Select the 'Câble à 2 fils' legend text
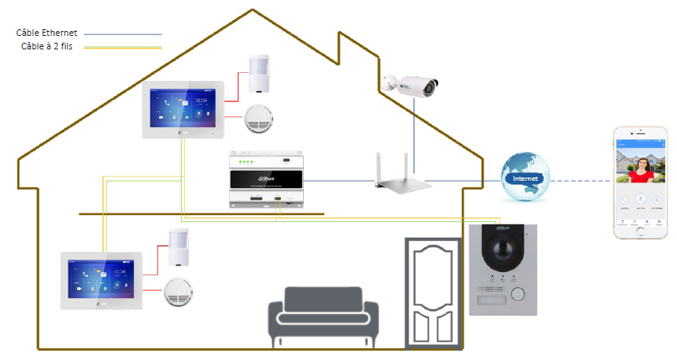pos(48,45)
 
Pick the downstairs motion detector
pos(179,246)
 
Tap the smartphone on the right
pos(640,178)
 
